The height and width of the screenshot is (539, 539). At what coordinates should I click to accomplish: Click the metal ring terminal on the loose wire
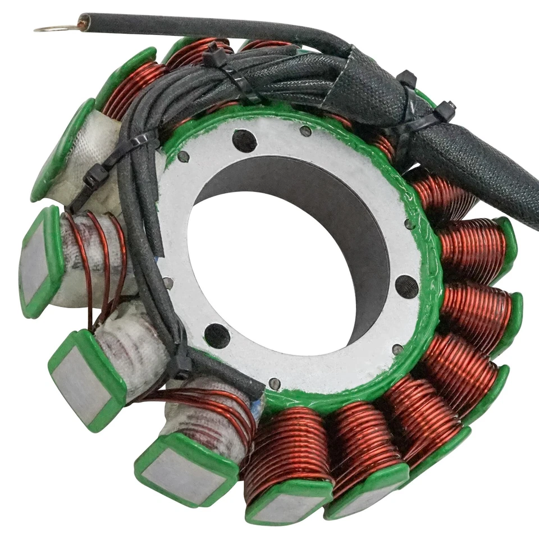pyautogui.click(x=53, y=28)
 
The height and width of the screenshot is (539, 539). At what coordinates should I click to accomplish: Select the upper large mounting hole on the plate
pyautogui.click(x=244, y=140)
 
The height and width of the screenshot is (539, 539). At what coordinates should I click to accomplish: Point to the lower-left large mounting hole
pyautogui.click(x=217, y=335)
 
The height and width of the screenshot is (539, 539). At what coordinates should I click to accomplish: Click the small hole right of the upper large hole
pyautogui.click(x=305, y=131)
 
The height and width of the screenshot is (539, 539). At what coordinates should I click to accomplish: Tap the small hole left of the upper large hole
pyautogui.click(x=183, y=157)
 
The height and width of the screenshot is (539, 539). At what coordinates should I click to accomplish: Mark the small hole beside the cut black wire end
pyautogui.click(x=274, y=383)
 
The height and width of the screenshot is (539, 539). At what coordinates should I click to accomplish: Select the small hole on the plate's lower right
pyautogui.click(x=398, y=349)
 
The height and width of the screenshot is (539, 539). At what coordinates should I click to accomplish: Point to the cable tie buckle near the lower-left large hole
pyautogui.click(x=181, y=365)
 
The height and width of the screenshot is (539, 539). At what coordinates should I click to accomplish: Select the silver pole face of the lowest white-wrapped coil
pyautogui.click(x=180, y=469)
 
